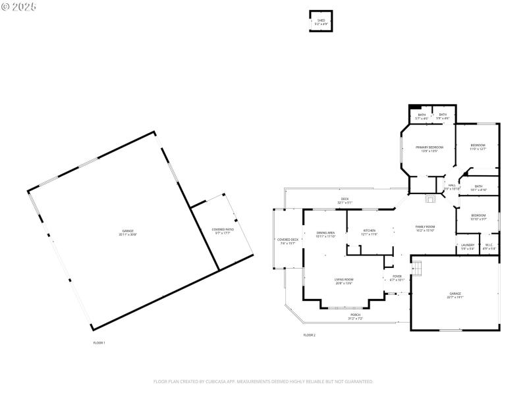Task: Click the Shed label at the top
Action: point(321,22)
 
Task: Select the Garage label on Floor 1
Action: point(128,232)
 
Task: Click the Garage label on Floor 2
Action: point(455,295)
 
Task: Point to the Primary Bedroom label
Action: point(429,148)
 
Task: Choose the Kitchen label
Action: point(369,232)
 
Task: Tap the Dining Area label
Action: point(326,234)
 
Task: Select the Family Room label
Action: point(425,228)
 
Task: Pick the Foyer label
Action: point(397,278)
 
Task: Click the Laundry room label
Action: point(468,247)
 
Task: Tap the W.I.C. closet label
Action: point(488,247)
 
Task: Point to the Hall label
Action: point(452,186)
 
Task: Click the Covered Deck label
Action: point(288,241)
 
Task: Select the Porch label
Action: point(356,317)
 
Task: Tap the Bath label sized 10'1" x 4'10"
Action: point(479,187)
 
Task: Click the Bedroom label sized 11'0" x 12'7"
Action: point(478,147)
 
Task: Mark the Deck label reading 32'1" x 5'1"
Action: point(345,201)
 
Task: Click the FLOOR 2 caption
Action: point(309,335)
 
